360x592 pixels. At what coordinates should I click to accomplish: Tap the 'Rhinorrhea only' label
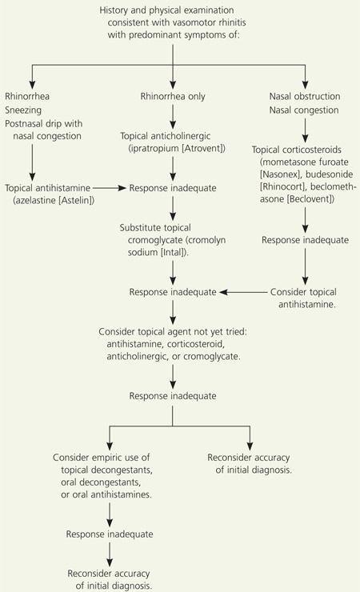point(173,97)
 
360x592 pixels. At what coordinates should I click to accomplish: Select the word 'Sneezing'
point(23,110)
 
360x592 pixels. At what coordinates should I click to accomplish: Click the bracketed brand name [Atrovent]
point(203,148)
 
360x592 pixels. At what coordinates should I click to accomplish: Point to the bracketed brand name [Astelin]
point(76,200)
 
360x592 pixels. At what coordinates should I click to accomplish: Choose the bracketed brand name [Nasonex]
point(280,174)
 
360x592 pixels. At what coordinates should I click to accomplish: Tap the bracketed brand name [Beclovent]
point(310,199)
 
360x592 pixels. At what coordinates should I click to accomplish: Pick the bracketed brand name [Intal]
point(174,252)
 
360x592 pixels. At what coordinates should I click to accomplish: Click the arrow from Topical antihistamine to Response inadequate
point(109,188)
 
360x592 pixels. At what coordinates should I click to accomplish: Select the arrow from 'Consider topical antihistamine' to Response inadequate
point(242,292)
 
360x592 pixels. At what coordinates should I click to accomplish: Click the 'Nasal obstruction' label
point(305,96)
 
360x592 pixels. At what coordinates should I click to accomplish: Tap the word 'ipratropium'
point(154,148)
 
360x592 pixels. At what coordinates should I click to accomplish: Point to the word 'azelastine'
point(34,200)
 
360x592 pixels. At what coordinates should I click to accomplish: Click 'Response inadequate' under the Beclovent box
point(305,240)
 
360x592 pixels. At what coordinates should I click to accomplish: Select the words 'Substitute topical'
point(155,228)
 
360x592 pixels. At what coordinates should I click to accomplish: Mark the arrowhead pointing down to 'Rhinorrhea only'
point(173,86)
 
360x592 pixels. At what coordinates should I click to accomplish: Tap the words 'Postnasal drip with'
point(43,124)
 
